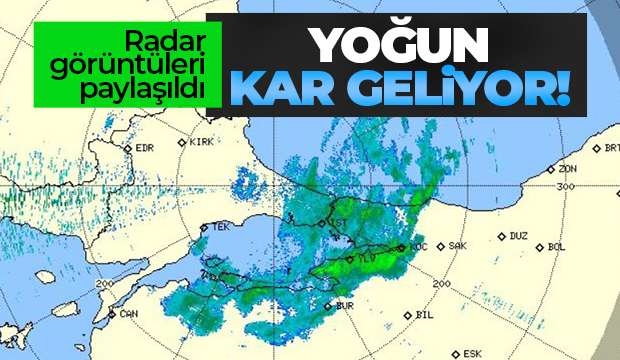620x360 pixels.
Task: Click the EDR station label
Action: [x=145, y=150]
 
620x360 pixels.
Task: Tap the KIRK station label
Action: [x=203, y=143]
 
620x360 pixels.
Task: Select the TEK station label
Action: [x=220, y=228]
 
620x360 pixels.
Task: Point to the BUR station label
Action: [x=346, y=306]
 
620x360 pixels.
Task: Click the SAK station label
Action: [x=459, y=246]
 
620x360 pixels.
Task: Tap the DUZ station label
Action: [x=518, y=237]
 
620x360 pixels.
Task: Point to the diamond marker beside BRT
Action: [x=597, y=148]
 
